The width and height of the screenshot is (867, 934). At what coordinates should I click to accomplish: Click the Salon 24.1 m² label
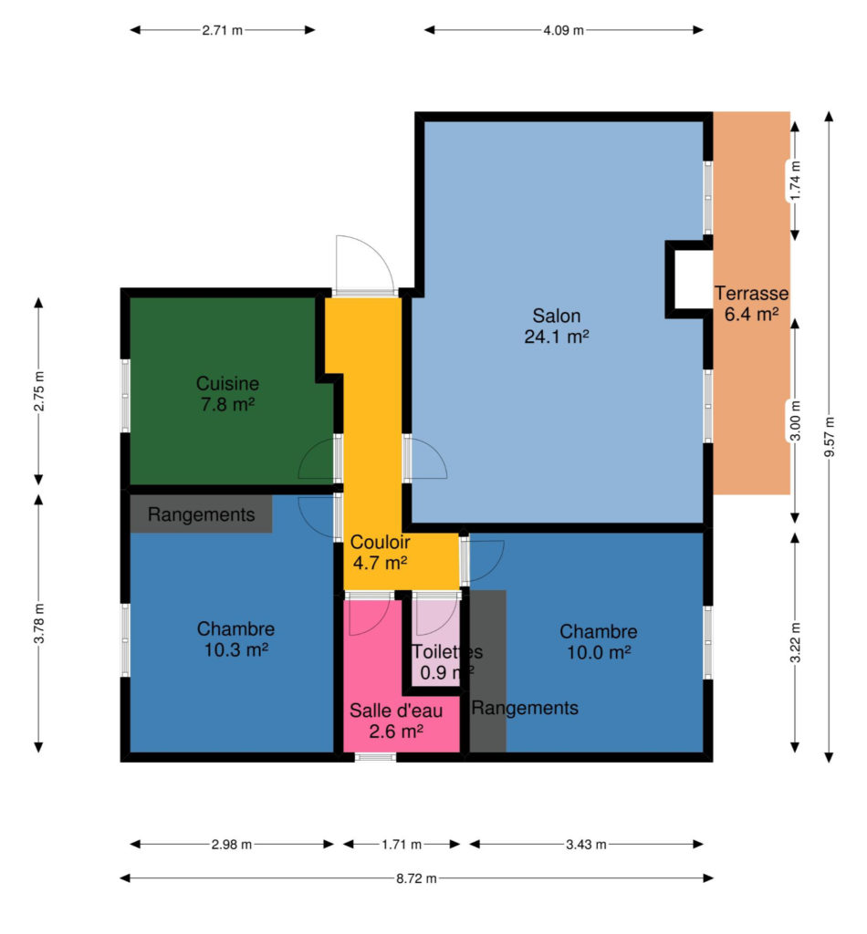point(557,326)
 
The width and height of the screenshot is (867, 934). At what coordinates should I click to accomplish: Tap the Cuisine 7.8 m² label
point(227,394)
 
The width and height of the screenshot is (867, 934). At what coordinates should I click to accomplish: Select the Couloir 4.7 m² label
point(381,552)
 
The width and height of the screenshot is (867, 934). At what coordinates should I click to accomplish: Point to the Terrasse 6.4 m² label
point(751,303)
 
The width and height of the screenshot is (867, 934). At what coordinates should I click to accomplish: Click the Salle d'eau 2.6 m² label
point(396,721)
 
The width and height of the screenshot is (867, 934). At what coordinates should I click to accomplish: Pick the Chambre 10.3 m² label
point(236,639)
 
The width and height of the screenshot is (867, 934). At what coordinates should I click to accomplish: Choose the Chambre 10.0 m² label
point(599,641)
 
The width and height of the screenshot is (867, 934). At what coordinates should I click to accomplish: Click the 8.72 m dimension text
point(416,878)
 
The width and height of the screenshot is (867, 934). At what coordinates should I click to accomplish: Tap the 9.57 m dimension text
point(829,437)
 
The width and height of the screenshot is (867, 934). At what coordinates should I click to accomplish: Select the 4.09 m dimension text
point(563,30)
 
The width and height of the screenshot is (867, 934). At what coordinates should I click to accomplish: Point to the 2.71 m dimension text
point(223,30)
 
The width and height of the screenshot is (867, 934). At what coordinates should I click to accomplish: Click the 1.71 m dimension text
point(402,844)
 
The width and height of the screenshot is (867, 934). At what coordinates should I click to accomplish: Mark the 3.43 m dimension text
point(586,844)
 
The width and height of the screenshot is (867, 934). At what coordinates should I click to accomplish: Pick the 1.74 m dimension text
point(795,181)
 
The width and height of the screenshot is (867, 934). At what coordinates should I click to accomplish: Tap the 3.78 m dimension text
point(38,623)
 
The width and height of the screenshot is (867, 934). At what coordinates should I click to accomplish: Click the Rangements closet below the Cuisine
point(202,514)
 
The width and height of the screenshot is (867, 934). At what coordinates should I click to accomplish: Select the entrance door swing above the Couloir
point(365,262)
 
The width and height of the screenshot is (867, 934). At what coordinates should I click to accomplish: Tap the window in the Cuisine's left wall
point(125,396)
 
